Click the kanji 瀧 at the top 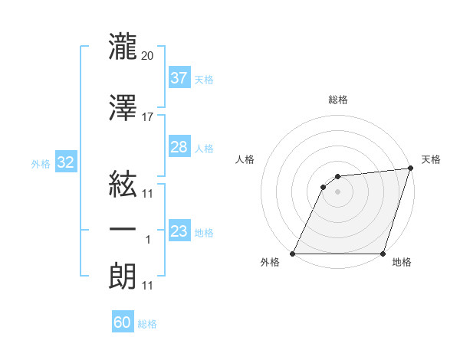tap(123, 45)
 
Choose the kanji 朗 tap(123, 275)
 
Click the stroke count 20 tap(149, 55)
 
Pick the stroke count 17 tap(148, 116)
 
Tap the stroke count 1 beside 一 tap(148, 240)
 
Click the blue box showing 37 tap(179, 77)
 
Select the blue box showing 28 tap(179, 147)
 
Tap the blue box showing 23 tap(179, 231)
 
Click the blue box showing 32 tap(65, 162)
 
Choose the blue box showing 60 tap(123, 322)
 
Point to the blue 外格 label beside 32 tap(41, 163)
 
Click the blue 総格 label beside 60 tap(148, 324)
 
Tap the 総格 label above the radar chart tap(338, 100)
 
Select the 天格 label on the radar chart tap(431, 159)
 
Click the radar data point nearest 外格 tap(293, 254)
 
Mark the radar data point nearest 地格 tap(383, 254)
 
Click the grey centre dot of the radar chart tap(338, 191)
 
